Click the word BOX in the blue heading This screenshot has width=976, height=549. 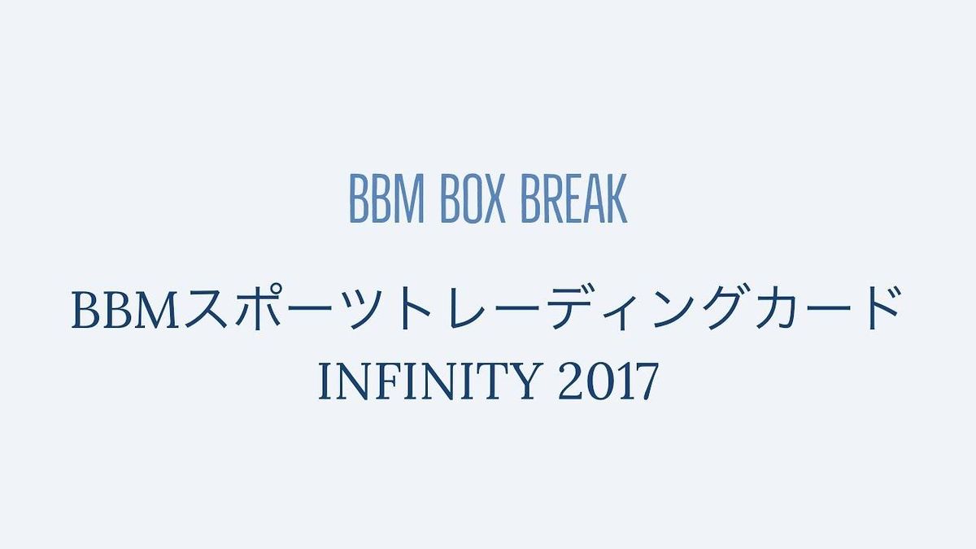click(x=473, y=198)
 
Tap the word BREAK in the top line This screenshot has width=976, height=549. click(x=574, y=198)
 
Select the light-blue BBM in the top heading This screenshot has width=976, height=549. click(x=387, y=198)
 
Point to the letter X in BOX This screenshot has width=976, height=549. click(x=493, y=198)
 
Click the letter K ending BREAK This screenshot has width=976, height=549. click(x=617, y=198)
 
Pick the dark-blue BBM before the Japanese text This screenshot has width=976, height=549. click(x=125, y=311)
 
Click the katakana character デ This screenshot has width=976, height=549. click(x=572, y=307)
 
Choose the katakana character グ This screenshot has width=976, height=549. click(x=727, y=307)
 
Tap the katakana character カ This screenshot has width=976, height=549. click(x=778, y=309)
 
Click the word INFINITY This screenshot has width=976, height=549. click(x=429, y=381)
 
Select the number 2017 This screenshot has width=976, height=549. click(x=608, y=381)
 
